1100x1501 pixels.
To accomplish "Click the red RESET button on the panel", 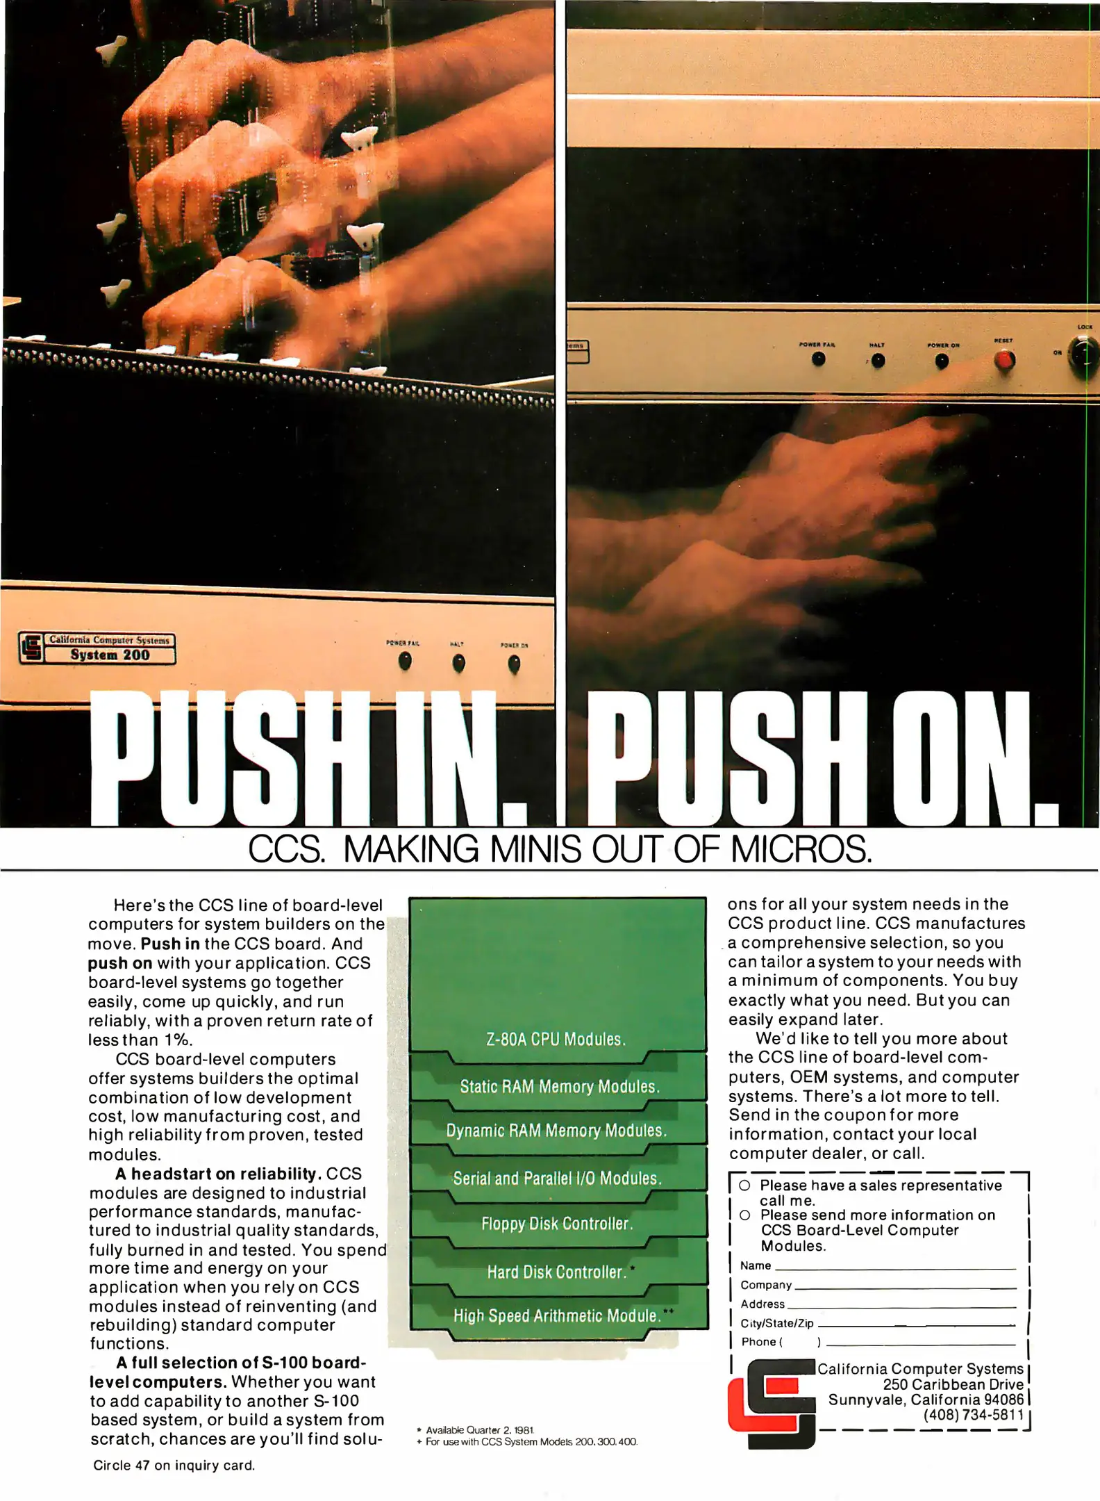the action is click(1004, 359).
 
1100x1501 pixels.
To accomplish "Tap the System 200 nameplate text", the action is click(110, 655).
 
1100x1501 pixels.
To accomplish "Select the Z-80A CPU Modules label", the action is click(556, 1039).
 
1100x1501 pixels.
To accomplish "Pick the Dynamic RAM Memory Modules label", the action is click(556, 1131).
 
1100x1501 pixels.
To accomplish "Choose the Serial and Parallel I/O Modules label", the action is click(557, 1178).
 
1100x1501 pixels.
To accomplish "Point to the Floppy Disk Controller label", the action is click(557, 1224).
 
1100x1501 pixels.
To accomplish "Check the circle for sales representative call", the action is click(744, 1185).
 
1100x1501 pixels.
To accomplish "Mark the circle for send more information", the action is click(744, 1215).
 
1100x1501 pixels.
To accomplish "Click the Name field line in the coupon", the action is click(895, 1269).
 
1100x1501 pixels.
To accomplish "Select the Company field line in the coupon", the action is click(905, 1288).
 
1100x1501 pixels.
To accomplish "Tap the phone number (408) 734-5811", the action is click(974, 1415).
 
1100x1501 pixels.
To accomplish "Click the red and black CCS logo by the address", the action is click(772, 1404).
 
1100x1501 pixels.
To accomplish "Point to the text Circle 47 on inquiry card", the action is click(174, 1466).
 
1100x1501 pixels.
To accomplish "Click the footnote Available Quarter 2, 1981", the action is click(476, 1430).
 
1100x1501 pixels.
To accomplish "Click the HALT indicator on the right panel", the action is click(878, 360).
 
